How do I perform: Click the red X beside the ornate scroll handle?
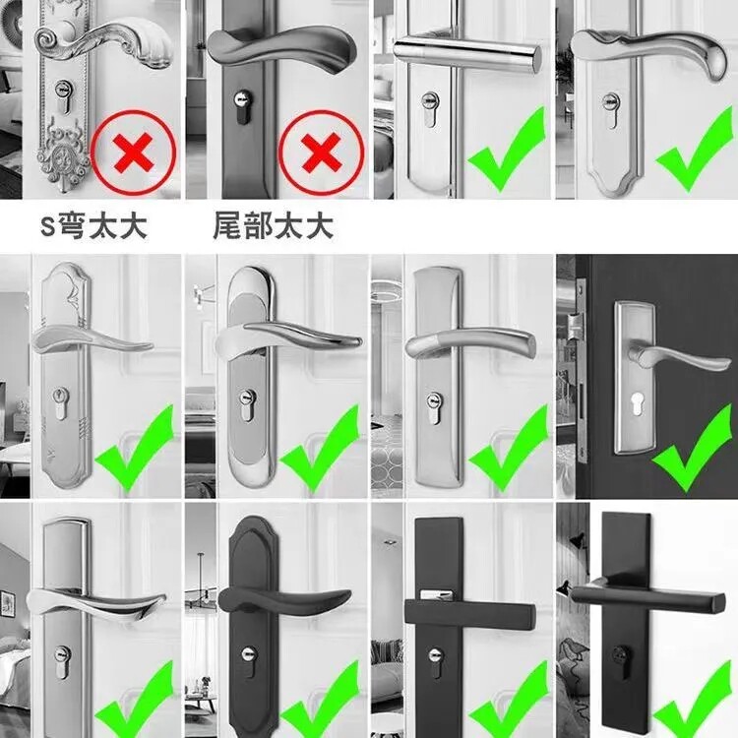tap(133, 152)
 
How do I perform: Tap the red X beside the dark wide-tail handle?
tap(321, 152)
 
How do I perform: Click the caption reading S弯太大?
tap(93, 226)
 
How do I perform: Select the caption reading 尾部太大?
tap(273, 226)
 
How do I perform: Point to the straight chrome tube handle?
tap(466, 54)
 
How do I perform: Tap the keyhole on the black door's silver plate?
tap(638, 403)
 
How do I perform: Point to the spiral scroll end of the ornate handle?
tap(47, 37)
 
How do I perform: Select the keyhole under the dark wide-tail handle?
tap(243, 106)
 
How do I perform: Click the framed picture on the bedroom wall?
tap(8, 603)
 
